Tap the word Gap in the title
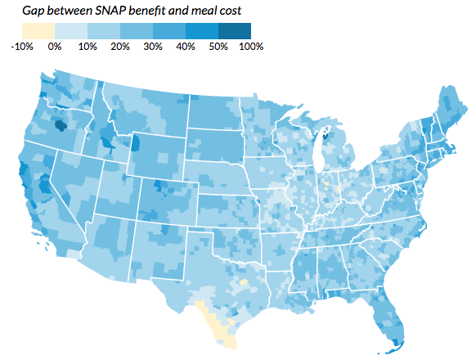coord(34,10)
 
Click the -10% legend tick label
coord(22,47)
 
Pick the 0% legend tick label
coord(55,47)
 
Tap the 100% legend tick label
coord(250,47)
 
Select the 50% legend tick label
coord(218,47)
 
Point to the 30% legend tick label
coord(153,47)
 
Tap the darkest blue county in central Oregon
coord(60,126)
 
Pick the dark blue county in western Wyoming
coord(135,145)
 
